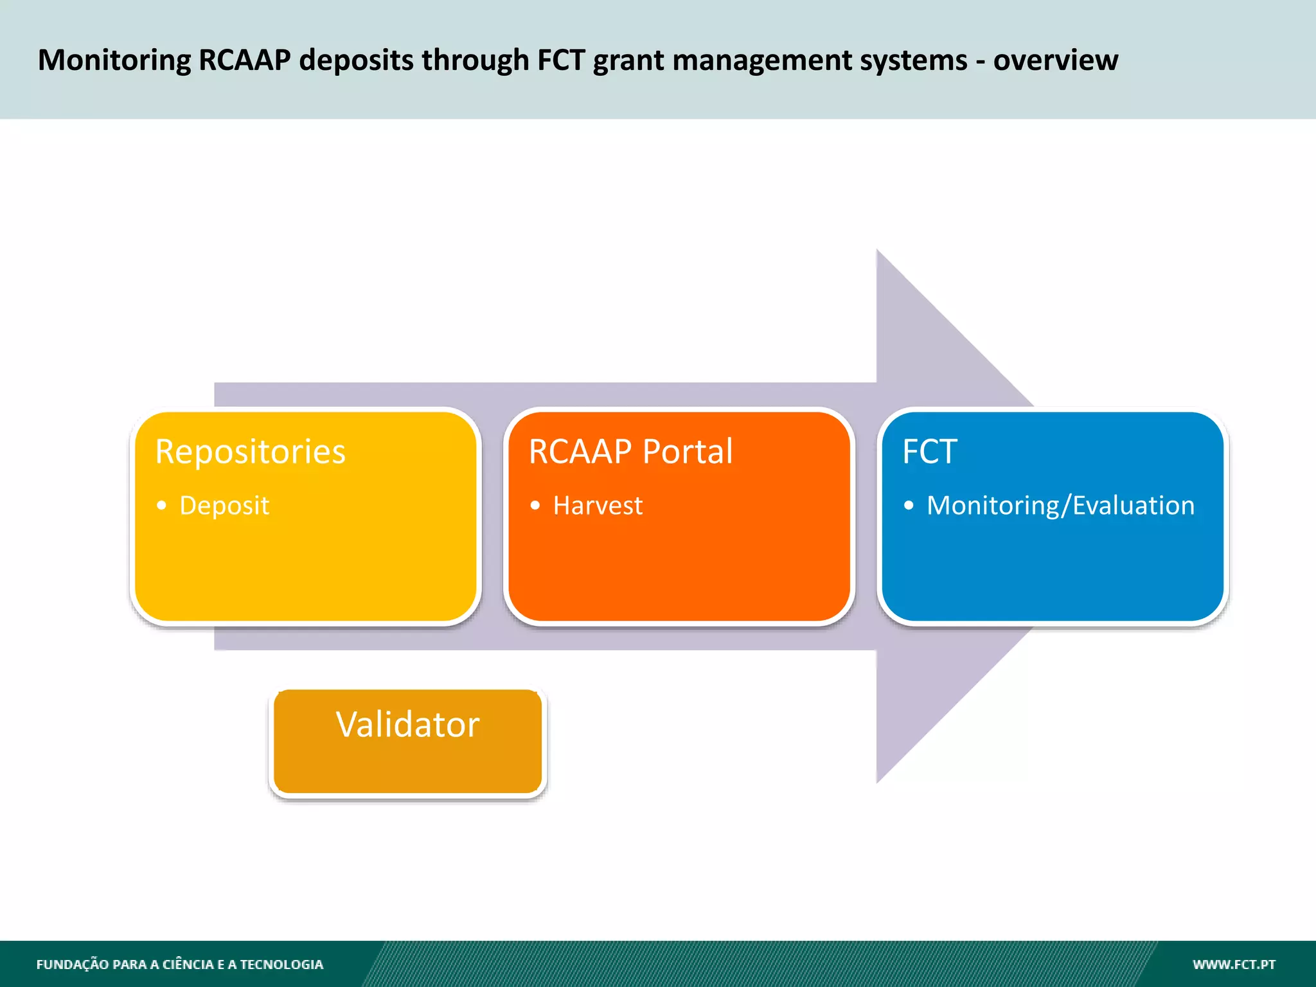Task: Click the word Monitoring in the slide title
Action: click(114, 61)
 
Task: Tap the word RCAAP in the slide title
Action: click(244, 61)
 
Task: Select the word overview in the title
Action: click(1055, 61)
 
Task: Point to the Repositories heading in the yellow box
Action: click(250, 452)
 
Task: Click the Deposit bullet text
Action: click(224, 506)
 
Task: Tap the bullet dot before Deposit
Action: click(161, 506)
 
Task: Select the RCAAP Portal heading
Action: click(630, 452)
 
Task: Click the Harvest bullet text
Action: click(598, 506)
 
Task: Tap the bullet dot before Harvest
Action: click(535, 506)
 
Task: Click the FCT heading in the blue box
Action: click(929, 452)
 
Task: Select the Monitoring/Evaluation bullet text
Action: click(1060, 506)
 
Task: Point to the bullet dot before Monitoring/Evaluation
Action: click(908, 506)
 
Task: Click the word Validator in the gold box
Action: click(407, 725)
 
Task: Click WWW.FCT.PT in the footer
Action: click(1234, 965)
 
